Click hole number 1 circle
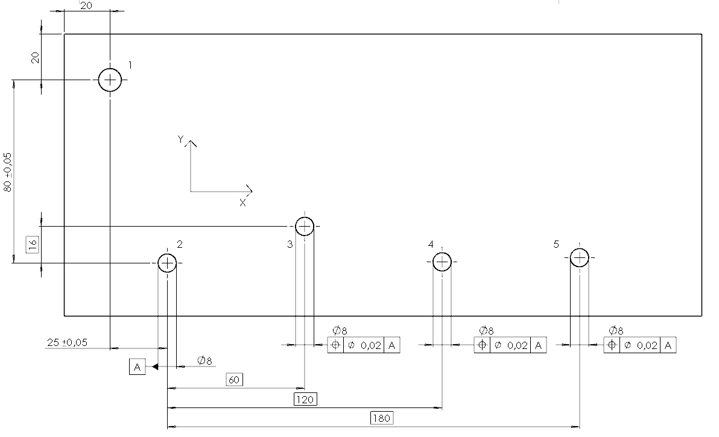pos(110,69)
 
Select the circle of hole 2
pos(167,254)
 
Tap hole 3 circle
pos(305,218)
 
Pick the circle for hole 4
pos(442,253)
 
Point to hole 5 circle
pos(580,249)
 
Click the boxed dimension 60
pos(234,379)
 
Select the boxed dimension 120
pos(305,399)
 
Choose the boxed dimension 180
pos(381,418)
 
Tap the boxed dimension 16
pos(33,245)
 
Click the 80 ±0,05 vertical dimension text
pos(8,172)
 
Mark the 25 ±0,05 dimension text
pos(67,342)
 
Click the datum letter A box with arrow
pos(137,367)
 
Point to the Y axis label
pos(181,139)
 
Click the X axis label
pos(242,203)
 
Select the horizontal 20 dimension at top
pos(86,5)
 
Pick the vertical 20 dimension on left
pos(36,58)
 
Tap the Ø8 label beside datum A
pos(204,360)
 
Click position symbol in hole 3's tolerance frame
pos(335,345)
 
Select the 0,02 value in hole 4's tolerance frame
pos(518,345)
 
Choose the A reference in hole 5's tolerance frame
pos(668,345)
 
